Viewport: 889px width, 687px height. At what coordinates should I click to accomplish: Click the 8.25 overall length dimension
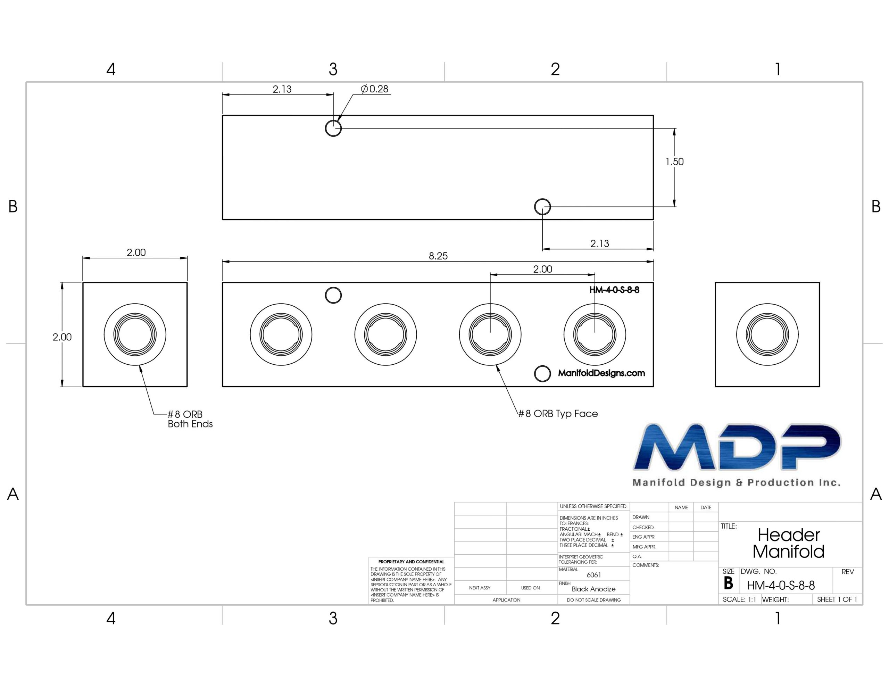(x=438, y=256)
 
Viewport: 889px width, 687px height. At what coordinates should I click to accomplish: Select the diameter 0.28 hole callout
(x=374, y=89)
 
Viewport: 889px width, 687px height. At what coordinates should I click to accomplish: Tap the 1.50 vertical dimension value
(x=674, y=162)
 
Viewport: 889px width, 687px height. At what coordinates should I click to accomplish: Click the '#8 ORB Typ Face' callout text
(x=558, y=414)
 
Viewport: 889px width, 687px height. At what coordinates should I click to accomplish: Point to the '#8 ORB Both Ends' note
(x=190, y=419)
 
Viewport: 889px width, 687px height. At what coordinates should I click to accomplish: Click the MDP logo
(x=737, y=454)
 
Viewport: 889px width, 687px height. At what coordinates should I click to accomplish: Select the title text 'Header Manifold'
(x=788, y=543)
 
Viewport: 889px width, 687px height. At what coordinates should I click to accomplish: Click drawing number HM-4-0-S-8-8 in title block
(x=781, y=586)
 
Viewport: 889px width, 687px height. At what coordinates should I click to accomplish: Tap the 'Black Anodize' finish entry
(x=593, y=589)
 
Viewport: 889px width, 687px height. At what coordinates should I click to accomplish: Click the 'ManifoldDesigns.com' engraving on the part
(x=601, y=373)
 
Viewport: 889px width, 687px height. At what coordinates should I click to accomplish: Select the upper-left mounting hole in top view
(x=333, y=128)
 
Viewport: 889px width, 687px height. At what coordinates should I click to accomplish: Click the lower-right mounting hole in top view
(x=542, y=207)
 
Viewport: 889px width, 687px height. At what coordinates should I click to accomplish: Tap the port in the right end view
(x=767, y=335)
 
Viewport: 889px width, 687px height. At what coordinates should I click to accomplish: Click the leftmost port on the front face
(x=281, y=335)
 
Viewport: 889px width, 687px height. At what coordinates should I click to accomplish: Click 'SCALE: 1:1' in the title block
(x=739, y=599)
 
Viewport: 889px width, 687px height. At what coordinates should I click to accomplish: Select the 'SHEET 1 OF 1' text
(x=837, y=599)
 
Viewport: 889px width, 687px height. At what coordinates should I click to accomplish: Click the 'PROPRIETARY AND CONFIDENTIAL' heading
(x=411, y=562)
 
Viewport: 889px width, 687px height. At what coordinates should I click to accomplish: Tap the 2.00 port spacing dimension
(x=542, y=269)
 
